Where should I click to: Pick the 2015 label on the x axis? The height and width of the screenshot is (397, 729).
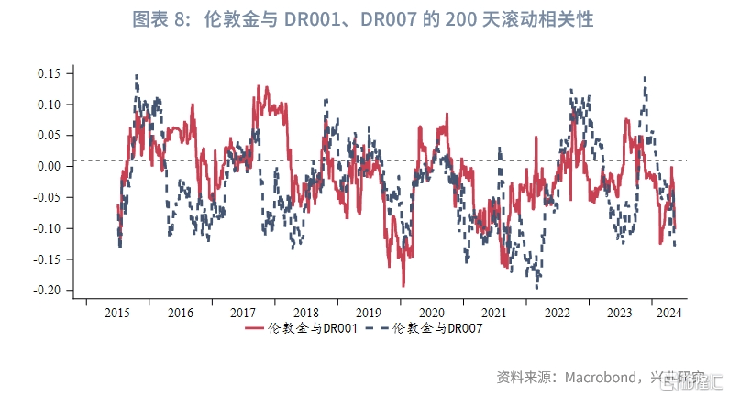(x=118, y=313)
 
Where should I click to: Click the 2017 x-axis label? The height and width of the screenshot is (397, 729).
(x=243, y=313)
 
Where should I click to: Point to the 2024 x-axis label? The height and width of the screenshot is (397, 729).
(x=666, y=313)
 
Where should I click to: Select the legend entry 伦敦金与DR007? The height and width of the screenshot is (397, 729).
(x=437, y=328)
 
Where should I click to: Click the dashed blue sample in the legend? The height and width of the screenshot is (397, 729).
(x=377, y=328)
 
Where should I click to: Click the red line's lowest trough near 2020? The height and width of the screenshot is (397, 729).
(x=403, y=286)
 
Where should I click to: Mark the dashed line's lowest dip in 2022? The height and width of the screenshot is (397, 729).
(x=537, y=287)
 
